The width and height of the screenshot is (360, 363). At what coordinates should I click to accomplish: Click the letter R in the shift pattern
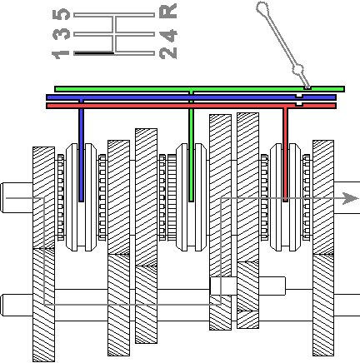point(168,11)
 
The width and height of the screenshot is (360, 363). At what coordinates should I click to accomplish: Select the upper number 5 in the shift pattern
point(61,14)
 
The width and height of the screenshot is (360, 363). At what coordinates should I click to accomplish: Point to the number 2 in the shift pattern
point(168,52)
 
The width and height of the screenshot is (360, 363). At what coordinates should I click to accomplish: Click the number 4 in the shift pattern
point(168,35)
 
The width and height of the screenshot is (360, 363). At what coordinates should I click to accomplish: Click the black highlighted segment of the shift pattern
point(94,53)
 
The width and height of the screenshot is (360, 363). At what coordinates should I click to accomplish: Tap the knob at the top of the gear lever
point(262,8)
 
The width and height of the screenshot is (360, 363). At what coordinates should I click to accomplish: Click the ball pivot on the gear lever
point(297,69)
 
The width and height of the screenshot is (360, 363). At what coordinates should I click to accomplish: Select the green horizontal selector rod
point(199,89)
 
